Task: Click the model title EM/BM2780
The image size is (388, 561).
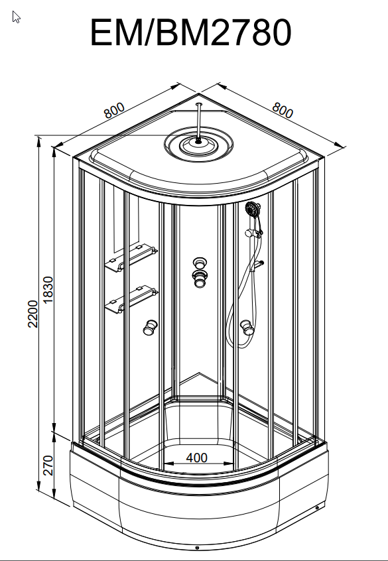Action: (191, 32)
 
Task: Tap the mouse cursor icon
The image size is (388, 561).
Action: (16, 17)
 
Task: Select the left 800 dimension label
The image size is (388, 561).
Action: (114, 110)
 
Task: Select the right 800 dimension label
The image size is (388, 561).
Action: (283, 110)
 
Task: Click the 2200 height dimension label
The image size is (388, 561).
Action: (33, 314)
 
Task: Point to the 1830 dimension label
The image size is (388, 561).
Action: (48, 289)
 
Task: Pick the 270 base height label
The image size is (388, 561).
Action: (48, 465)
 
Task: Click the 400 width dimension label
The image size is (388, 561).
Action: (196, 458)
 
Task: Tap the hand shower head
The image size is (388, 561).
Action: (253, 209)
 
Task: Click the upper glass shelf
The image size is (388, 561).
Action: (131, 257)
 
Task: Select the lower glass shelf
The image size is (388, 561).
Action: (131, 299)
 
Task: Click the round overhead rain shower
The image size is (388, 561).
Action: (199, 145)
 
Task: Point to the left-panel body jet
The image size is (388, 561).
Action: (150, 328)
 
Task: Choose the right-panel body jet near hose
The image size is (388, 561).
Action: (247, 328)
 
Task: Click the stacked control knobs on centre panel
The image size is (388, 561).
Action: (200, 272)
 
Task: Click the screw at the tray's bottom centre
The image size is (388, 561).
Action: (197, 548)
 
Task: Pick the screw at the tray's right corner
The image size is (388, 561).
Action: (317, 508)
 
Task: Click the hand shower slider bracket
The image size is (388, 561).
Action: (253, 233)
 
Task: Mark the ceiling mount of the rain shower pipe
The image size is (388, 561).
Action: (199, 105)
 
